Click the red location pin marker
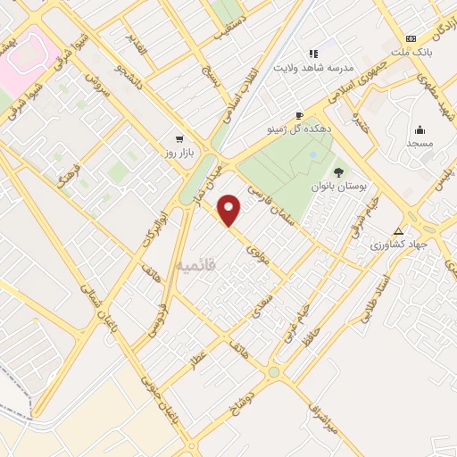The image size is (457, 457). [x=230, y=210]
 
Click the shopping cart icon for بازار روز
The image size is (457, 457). [x=180, y=139]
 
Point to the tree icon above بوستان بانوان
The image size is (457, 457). [x=338, y=171]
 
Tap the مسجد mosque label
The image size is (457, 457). [x=420, y=143]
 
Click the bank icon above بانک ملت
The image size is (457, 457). [x=411, y=38]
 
